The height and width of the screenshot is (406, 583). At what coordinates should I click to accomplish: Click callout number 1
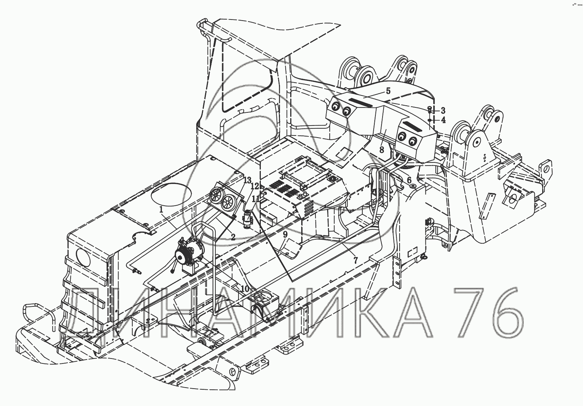[161, 210]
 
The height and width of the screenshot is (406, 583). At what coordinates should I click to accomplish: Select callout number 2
[233, 237]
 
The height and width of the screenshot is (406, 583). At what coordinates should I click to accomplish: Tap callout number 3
[443, 111]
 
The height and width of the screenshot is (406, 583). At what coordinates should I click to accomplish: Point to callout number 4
[443, 120]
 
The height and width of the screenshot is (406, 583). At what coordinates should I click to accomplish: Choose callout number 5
[388, 91]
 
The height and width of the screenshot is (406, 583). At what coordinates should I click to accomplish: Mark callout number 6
[409, 180]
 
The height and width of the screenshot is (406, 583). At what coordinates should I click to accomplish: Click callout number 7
[356, 260]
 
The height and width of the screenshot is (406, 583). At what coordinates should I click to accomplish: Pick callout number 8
[381, 150]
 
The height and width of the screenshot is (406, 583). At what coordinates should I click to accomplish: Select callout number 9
[285, 234]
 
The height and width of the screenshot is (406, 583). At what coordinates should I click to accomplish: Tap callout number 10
[244, 288]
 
